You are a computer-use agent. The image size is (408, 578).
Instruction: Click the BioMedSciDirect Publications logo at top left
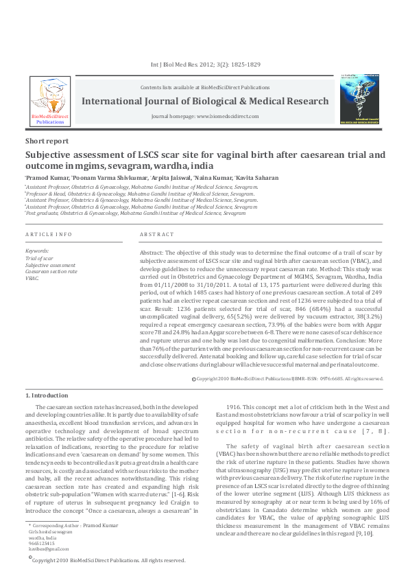(50, 100)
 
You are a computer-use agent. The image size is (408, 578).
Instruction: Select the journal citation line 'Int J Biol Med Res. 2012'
(204, 65)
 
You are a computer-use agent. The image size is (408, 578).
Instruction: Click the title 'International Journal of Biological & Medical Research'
(205, 101)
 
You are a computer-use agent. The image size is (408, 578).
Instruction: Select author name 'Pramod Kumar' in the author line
(48, 178)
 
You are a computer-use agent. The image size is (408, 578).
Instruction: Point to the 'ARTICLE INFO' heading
(48, 235)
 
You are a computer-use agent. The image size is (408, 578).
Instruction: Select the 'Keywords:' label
(37, 251)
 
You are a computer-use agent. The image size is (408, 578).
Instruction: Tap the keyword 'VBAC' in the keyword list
(32, 279)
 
